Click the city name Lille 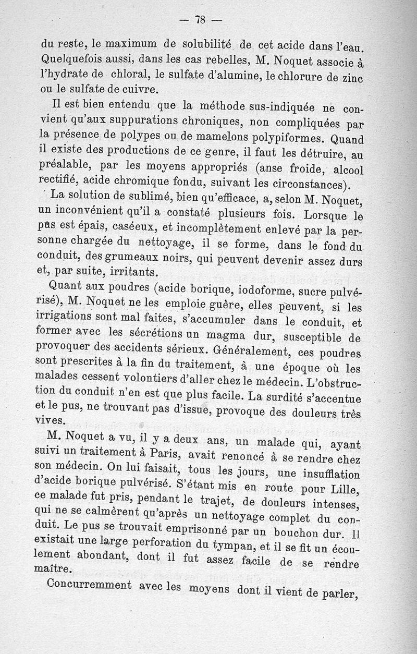pyautogui.click(x=342, y=490)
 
